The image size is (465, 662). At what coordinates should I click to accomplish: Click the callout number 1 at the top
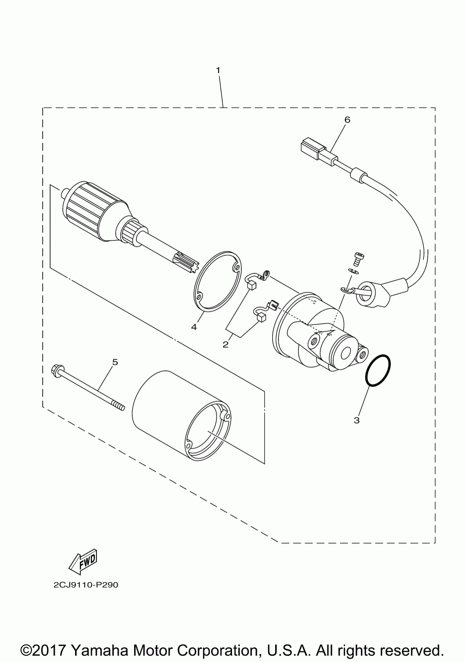(x=218, y=70)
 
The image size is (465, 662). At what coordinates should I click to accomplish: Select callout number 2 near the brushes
(x=226, y=345)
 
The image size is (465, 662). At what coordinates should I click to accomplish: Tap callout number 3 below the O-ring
(x=356, y=420)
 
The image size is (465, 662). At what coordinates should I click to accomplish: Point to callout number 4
(x=194, y=327)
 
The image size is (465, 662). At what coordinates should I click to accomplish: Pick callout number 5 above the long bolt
(x=115, y=362)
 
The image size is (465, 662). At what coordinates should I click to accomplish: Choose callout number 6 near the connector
(x=346, y=119)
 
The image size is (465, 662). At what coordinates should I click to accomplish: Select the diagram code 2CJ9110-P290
(x=86, y=585)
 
